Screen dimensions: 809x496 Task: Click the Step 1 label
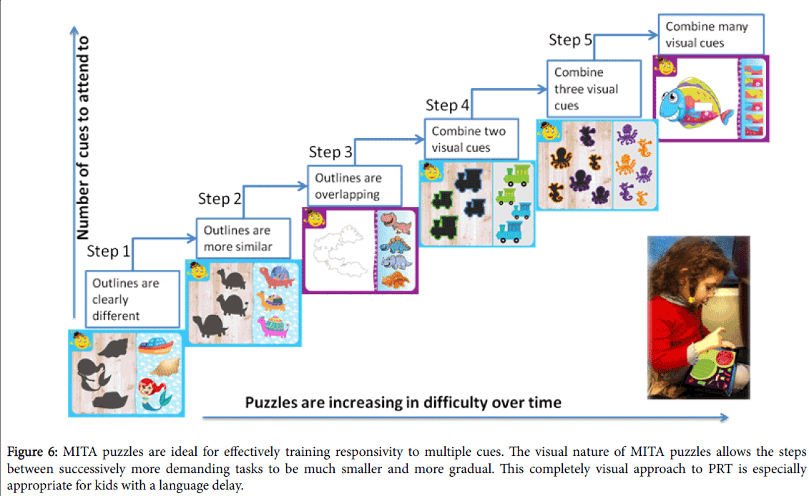point(108,251)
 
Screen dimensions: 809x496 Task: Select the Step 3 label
point(330,152)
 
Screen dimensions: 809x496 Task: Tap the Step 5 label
point(571,40)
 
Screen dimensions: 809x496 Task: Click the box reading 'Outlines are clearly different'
point(132,299)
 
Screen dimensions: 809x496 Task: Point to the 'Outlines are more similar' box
point(243,238)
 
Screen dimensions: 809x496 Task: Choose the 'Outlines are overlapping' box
point(355,186)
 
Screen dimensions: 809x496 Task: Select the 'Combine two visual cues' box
point(471,140)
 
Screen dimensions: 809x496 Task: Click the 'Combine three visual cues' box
point(594,89)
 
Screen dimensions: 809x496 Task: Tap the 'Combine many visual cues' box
point(711,34)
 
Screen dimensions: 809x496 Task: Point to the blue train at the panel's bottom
point(508,232)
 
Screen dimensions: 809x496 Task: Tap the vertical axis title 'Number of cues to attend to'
point(82,138)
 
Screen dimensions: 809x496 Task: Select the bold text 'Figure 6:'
point(32,452)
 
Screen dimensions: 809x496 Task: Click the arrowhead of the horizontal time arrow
point(725,417)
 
